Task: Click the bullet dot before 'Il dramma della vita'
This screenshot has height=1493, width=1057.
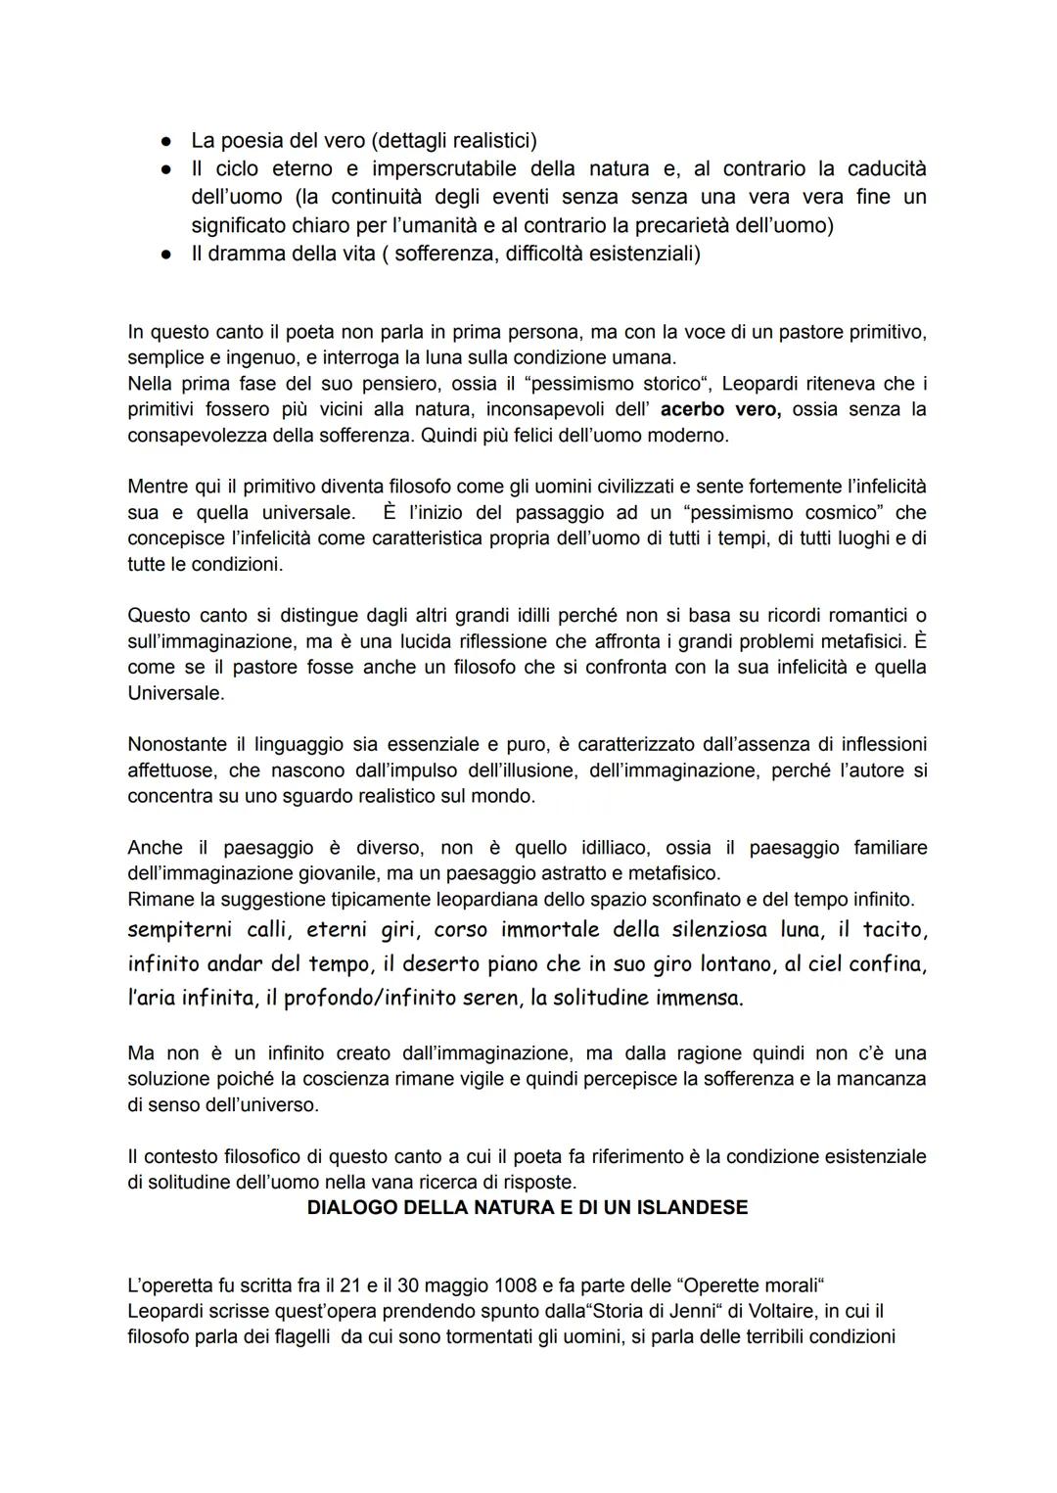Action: (167, 254)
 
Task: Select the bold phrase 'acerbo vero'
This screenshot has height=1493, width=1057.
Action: (720, 409)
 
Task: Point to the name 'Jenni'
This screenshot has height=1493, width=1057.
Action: (677, 1311)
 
